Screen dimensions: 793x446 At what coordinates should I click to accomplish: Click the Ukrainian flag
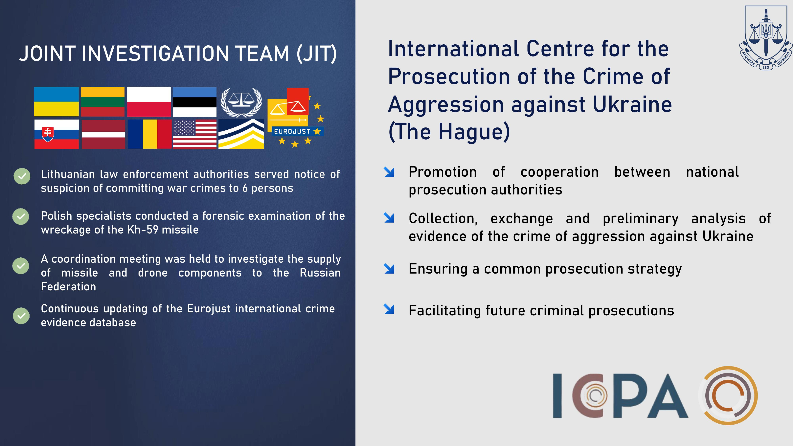tap(56, 101)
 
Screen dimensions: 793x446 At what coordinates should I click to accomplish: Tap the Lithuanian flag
tap(102, 101)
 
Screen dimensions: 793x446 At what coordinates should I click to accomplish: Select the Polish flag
tap(149, 101)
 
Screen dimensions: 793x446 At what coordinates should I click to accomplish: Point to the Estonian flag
tap(194, 101)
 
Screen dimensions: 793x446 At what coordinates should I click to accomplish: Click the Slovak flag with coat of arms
tap(56, 134)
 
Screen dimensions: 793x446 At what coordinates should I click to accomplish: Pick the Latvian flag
tap(103, 134)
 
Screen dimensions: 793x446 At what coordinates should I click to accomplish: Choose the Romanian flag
tap(150, 134)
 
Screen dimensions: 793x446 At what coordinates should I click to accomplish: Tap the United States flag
tap(194, 134)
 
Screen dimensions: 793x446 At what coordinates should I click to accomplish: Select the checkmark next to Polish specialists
tap(21, 217)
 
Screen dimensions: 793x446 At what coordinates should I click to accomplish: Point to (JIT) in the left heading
tap(317, 54)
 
